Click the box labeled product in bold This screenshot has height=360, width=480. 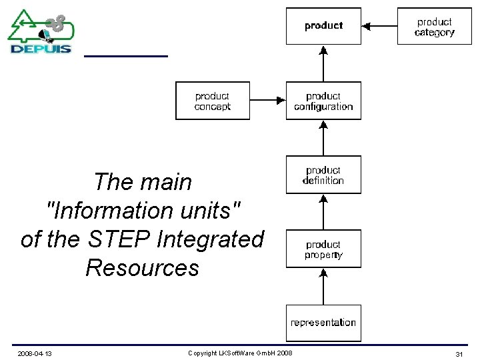323,26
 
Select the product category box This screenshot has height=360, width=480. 434,27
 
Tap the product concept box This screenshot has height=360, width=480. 212,101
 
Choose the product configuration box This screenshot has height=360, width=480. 323,101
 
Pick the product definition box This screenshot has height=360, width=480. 323,175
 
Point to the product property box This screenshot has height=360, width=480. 323,249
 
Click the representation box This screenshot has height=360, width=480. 323,323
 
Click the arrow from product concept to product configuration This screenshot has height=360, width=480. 267,101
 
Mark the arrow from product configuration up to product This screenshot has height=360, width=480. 323,63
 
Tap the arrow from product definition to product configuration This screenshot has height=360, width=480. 323,138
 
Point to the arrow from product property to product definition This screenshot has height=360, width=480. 323,212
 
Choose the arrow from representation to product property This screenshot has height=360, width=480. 323,286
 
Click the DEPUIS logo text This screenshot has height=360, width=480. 41,48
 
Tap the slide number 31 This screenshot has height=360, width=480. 459,353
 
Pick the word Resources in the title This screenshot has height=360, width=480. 142,267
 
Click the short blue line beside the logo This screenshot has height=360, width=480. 125,56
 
